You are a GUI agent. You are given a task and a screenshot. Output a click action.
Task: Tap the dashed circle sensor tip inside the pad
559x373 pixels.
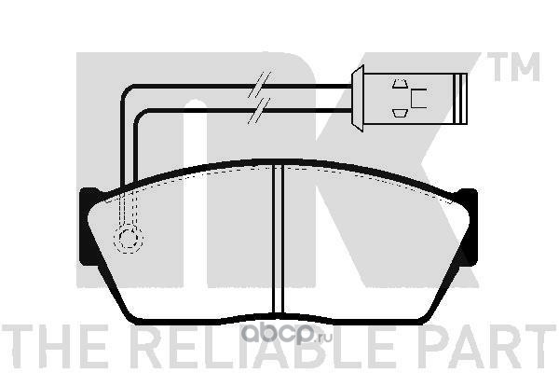pos(128,240)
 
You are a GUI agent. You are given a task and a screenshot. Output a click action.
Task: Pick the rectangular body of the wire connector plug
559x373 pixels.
pos(410,97)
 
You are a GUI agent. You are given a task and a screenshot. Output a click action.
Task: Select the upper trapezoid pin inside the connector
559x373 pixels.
pos(401,84)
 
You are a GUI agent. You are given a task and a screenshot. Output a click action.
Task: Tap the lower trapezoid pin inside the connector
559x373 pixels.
pos(401,112)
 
